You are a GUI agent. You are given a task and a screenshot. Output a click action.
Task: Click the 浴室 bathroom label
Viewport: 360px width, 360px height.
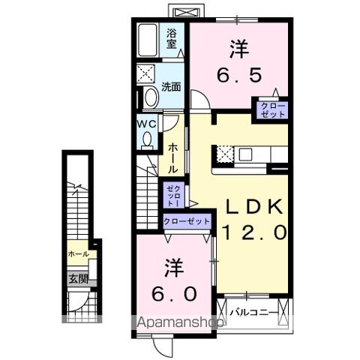click(172, 37)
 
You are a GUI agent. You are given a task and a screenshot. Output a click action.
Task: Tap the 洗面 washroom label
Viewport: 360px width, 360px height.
click(172, 86)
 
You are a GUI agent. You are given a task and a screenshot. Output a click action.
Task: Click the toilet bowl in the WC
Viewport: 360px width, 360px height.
click(146, 139)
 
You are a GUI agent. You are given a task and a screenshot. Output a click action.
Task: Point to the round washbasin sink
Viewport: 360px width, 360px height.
click(149, 97)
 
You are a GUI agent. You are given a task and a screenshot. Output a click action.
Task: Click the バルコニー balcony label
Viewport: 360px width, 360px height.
click(253, 311)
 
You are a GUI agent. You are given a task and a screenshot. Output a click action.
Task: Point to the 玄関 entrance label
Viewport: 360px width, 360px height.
click(78, 278)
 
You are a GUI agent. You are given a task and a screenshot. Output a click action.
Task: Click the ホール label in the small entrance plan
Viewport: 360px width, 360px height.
click(78, 254)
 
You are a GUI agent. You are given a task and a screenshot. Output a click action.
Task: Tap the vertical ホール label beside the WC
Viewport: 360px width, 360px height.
click(172, 158)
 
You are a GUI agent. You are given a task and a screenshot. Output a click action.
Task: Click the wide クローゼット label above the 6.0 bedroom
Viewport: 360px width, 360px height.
click(187, 222)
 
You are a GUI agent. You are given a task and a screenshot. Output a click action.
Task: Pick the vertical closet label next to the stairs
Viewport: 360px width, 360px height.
click(172, 194)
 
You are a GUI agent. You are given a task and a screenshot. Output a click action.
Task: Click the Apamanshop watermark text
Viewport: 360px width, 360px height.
click(180, 324)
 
